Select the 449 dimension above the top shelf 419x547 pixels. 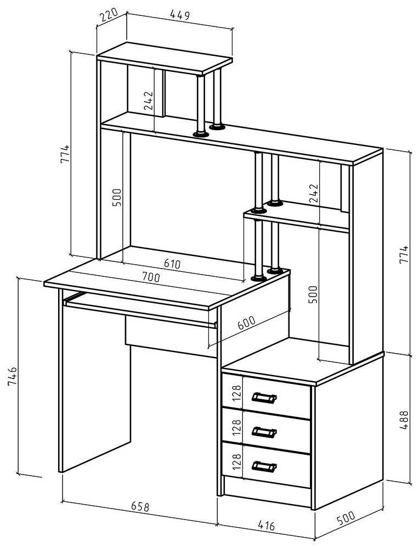pos(179,15)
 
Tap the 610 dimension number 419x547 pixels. pos(172,264)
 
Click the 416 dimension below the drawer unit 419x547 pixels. pos(265,526)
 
